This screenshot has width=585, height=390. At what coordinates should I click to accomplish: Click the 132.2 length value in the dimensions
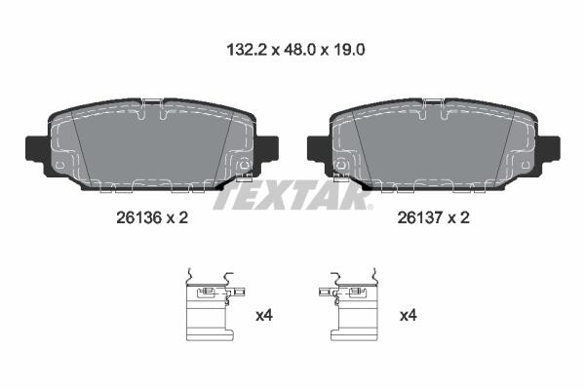[x=247, y=50]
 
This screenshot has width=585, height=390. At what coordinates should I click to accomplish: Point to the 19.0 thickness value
[x=349, y=50]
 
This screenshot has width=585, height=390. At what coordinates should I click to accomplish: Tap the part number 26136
[x=138, y=217]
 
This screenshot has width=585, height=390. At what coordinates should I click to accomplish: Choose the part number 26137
[x=420, y=217]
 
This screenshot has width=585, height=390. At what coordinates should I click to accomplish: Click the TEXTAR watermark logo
[x=292, y=195]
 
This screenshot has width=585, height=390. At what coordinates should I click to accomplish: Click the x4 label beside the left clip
[x=264, y=316]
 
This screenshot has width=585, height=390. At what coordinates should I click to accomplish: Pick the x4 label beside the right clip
[x=409, y=316]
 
